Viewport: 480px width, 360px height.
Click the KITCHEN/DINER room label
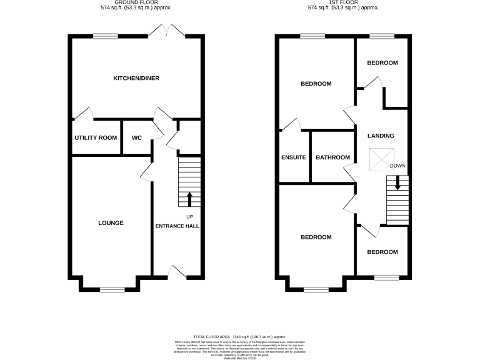coord(136,79)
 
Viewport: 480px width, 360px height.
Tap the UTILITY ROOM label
coord(96,137)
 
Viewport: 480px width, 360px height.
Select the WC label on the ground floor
coord(137,137)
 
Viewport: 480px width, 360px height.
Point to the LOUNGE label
coord(111,223)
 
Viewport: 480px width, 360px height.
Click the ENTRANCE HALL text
coord(177,226)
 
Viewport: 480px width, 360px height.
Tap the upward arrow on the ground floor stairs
coord(189,199)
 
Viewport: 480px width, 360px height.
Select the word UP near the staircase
coord(189,216)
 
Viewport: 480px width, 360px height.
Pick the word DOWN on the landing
coord(397,166)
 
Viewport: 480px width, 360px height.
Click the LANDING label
coord(381,136)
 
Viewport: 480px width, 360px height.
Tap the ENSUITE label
coord(294,157)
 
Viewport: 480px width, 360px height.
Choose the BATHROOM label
coord(332,157)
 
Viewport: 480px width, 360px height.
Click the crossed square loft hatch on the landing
coord(377,159)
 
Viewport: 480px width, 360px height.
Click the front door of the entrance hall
coord(177,272)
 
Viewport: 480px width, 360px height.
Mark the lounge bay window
coord(111,289)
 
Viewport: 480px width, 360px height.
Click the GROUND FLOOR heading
coord(136,2)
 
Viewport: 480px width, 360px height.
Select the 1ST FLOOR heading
coord(342,2)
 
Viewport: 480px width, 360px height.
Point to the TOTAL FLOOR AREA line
coord(240,336)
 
